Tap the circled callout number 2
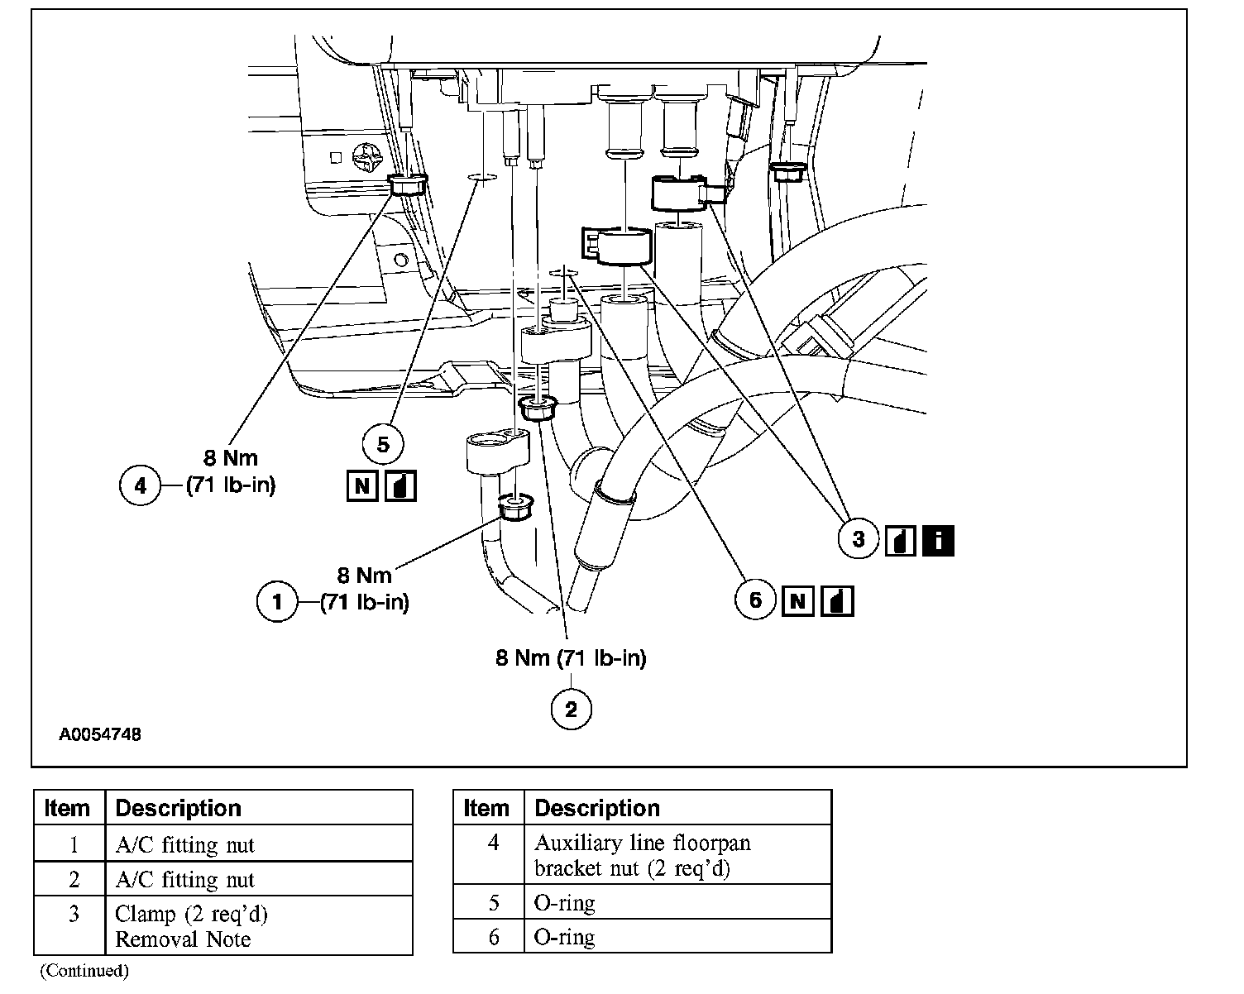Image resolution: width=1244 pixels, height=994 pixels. click(x=571, y=709)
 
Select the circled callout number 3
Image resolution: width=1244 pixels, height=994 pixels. click(x=859, y=539)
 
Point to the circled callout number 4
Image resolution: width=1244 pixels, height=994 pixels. click(x=141, y=485)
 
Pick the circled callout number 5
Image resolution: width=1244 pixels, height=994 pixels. click(x=383, y=445)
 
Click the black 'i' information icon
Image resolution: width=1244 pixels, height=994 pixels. click(x=937, y=540)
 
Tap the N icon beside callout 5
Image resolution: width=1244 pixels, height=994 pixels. click(x=361, y=485)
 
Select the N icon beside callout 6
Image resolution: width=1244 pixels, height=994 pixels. click(x=797, y=600)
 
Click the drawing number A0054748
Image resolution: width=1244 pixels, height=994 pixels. click(x=99, y=734)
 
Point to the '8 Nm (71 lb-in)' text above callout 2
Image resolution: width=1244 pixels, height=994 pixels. click(x=571, y=658)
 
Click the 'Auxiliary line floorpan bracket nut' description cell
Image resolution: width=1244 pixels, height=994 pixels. click(x=677, y=855)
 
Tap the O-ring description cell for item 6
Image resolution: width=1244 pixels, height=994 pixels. click(x=677, y=937)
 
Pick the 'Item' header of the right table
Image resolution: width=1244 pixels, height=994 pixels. click(x=486, y=808)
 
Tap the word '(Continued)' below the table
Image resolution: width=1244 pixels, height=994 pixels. click(x=84, y=971)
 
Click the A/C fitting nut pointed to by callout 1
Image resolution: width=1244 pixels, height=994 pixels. click(x=514, y=505)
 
